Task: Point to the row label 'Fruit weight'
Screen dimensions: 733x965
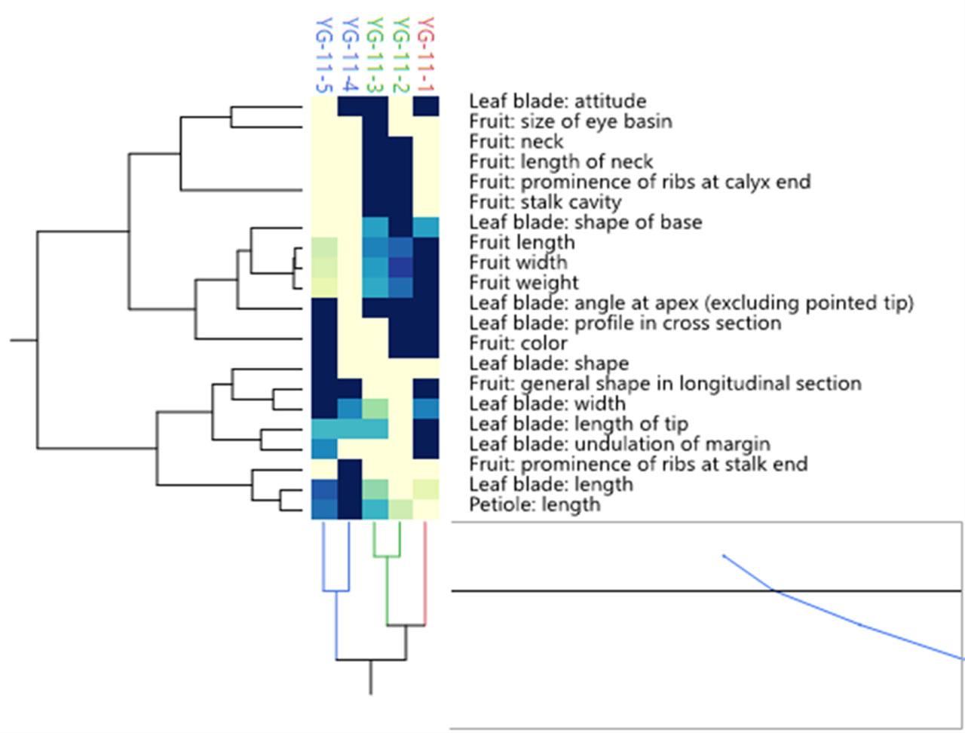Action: pyautogui.click(x=524, y=283)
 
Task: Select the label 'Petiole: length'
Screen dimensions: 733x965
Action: pyautogui.click(x=535, y=505)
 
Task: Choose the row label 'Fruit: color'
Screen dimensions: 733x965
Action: pyautogui.click(x=518, y=343)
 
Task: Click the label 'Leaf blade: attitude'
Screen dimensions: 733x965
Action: pyautogui.click(x=558, y=101)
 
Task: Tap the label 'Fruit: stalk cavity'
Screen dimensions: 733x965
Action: pyautogui.click(x=545, y=202)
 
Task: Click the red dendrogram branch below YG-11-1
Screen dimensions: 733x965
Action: pyautogui.click(x=426, y=573)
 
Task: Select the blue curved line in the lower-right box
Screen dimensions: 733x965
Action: pyautogui.click(x=859, y=624)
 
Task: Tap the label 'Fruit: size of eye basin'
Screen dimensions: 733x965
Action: pyautogui.click(x=571, y=121)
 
